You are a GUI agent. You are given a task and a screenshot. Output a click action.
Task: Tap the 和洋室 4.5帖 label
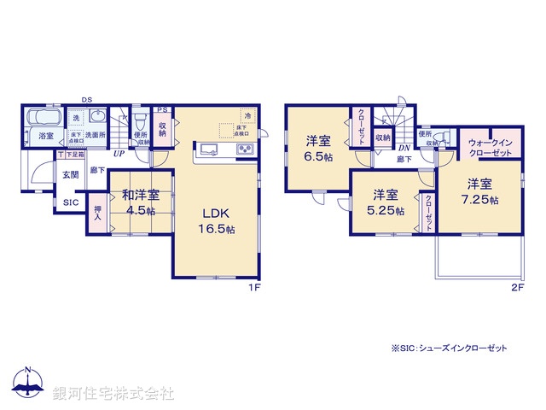pyautogui.click(x=136, y=202)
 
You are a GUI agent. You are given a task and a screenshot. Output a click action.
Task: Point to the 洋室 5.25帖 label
pyautogui.click(x=383, y=204)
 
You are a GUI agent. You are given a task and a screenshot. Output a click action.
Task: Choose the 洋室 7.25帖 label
pyautogui.click(x=479, y=191)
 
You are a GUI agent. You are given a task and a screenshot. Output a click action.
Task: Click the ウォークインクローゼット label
pyautogui.click(x=490, y=147)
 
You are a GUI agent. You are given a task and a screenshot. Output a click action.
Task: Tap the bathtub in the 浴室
pyautogui.click(x=43, y=117)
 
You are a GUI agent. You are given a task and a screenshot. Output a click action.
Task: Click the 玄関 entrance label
pyautogui.click(x=69, y=174)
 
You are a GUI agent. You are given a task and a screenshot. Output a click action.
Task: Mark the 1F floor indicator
pyautogui.click(x=253, y=289)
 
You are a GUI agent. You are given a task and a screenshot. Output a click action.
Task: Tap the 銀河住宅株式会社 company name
pyautogui.click(x=113, y=394)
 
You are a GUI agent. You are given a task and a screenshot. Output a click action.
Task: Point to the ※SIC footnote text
pyautogui.click(x=449, y=348)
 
